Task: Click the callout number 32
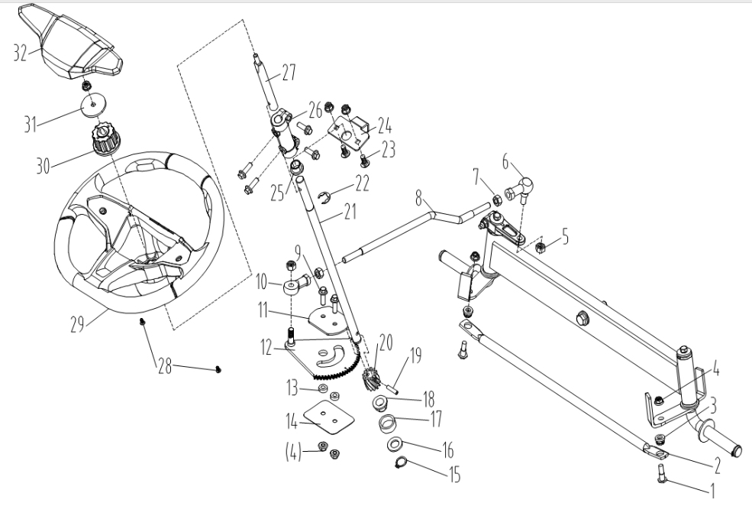(x=21, y=54)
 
